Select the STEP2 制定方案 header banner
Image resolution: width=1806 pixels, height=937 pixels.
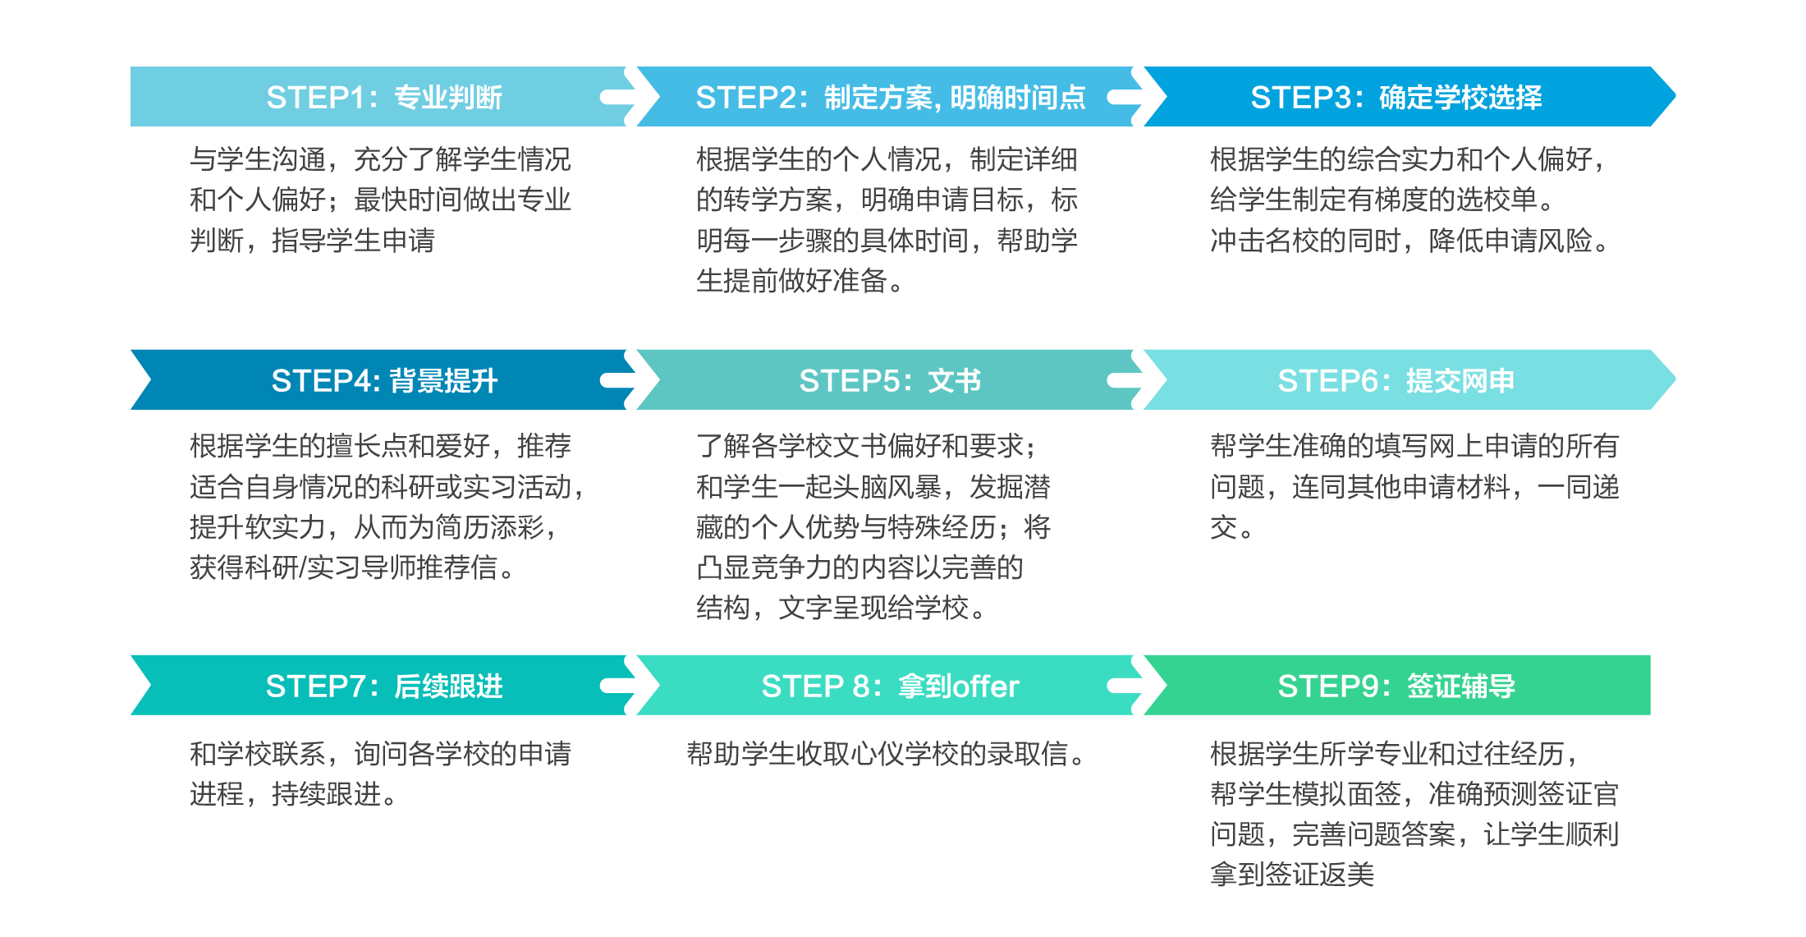(891, 97)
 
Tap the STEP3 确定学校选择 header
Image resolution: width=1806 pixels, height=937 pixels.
(1408, 97)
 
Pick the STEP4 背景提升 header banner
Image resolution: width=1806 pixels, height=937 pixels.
(382, 380)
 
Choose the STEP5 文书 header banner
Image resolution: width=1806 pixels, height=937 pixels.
(891, 380)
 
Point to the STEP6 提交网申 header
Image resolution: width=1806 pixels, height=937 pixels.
(1408, 380)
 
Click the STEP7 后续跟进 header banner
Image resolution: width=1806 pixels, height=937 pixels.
(382, 686)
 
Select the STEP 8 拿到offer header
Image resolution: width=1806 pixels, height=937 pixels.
(891, 686)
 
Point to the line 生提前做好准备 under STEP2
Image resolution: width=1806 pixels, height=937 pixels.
(800, 281)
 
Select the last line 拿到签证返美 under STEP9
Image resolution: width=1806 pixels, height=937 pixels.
(1292, 874)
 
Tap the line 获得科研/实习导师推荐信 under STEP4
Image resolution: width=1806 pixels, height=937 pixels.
(352, 567)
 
